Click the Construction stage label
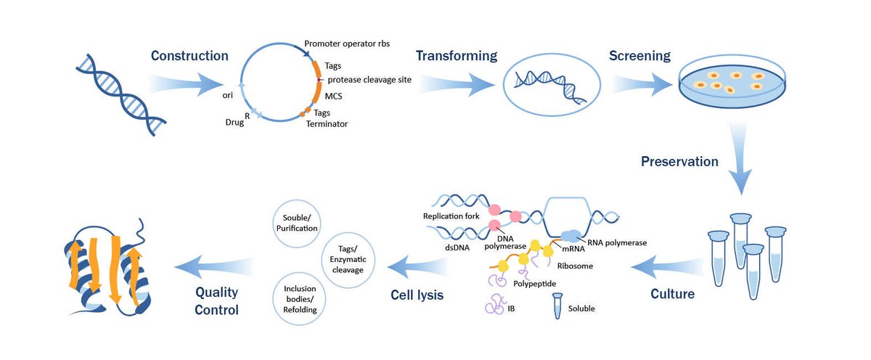click(189, 56)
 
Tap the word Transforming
click(456, 56)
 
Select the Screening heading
click(639, 56)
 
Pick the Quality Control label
click(216, 300)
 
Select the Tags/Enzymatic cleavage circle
click(346, 260)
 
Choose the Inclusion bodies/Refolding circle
click(300, 299)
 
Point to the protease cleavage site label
click(369, 80)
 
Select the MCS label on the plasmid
click(334, 96)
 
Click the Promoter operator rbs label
click(347, 44)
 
